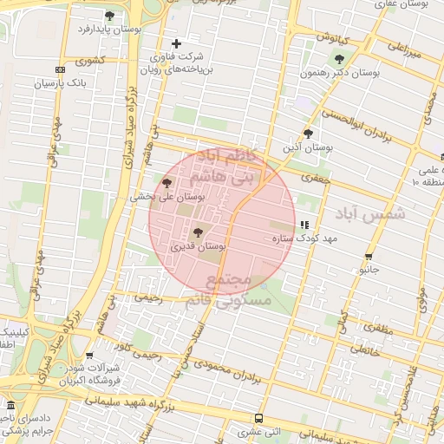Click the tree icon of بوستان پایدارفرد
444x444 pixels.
click(109, 16)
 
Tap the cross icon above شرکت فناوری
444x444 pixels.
click(177, 43)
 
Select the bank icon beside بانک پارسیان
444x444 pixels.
click(60, 70)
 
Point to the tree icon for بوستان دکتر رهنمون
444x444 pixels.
click(339, 60)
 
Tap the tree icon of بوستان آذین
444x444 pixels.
click(308, 134)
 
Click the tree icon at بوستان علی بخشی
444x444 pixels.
click(166, 183)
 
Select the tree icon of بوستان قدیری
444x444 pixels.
click(198, 232)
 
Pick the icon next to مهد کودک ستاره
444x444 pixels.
click(304, 225)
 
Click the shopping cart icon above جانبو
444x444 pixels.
click(369, 257)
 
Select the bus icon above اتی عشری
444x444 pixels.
click(258, 419)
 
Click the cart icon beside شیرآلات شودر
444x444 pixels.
click(90, 355)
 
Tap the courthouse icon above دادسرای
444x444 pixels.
click(10, 406)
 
